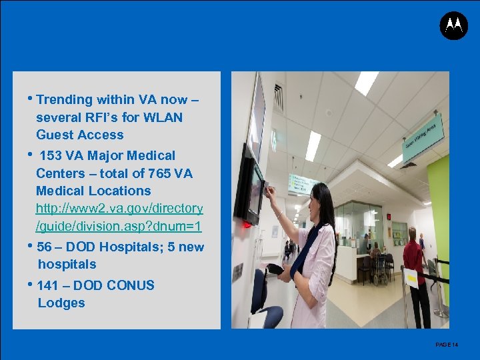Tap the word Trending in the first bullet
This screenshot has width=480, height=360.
click(x=65, y=100)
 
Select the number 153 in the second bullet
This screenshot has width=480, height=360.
click(x=51, y=156)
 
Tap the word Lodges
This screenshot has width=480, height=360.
click(x=61, y=303)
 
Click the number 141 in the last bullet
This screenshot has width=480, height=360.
click(x=48, y=286)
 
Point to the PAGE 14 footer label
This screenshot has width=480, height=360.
click(x=447, y=345)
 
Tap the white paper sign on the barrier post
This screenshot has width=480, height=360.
click(x=411, y=277)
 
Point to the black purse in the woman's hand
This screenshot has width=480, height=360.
click(x=275, y=270)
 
